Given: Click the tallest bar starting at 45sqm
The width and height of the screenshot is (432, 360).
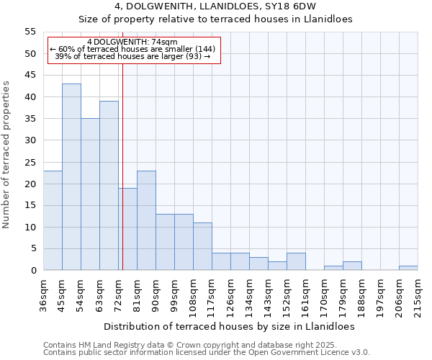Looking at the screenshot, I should (x=71, y=177).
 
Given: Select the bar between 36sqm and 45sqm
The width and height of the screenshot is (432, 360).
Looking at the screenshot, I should (x=53, y=220).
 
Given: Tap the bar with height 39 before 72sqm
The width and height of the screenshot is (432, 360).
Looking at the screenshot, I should (x=109, y=186).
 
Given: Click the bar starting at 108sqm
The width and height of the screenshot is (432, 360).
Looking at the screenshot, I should (x=202, y=246).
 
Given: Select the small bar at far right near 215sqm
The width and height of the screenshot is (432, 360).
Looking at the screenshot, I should (x=408, y=268).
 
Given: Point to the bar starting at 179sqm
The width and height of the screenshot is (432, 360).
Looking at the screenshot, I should (x=352, y=266).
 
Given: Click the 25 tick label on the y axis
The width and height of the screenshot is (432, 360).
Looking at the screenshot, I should (x=30, y=162).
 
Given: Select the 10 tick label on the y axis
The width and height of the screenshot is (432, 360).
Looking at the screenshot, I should (x=30, y=228).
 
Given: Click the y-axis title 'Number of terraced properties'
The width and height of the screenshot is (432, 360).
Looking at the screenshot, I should (x=7, y=154).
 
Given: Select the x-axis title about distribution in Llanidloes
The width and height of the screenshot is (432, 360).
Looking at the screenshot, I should (x=229, y=326).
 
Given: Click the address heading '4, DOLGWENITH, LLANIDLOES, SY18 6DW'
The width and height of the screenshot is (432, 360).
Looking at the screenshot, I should (x=215, y=6).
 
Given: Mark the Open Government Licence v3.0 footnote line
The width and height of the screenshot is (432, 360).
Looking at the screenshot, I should (x=207, y=353).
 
